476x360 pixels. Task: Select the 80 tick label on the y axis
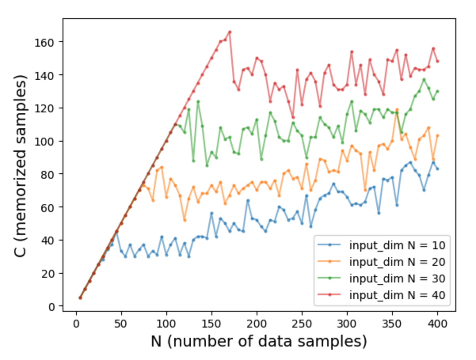[x=53, y=174]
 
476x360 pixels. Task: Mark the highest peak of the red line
[x=230, y=32]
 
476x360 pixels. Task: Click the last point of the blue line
[x=438, y=169]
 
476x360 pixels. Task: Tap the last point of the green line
[x=438, y=91]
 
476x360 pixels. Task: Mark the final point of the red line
[x=438, y=61]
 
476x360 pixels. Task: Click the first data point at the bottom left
[x=80, y=298]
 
